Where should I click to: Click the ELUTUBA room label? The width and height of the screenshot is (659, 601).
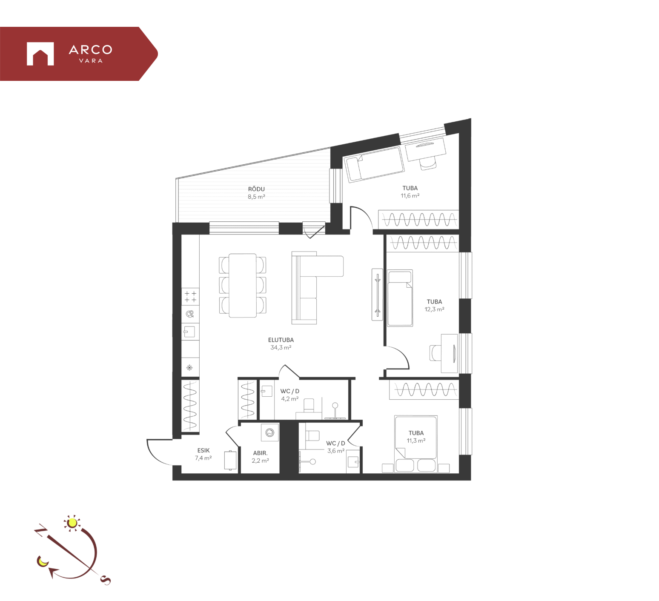[281, 340]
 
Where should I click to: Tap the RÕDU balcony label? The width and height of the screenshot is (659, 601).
[256, 189]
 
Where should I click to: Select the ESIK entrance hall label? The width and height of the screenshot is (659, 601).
[203, 450]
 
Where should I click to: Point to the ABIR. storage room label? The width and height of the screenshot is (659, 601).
[260, 453]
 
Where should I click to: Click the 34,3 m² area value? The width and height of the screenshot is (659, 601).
[281, 347]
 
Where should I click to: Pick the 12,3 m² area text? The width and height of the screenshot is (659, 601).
[434, 309]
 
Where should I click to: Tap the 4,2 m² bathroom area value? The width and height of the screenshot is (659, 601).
[289, 399]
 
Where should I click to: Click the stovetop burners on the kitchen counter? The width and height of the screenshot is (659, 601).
[190, 297]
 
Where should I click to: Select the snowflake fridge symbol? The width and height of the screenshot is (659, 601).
[189, 367]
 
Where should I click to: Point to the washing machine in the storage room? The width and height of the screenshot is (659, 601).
[270, 433]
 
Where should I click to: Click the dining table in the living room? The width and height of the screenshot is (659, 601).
[243, 286]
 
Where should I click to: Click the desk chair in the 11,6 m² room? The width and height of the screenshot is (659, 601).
[428, 162]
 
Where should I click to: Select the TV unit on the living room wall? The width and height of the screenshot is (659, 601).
[377, 294]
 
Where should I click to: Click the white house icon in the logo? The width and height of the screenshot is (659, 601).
[40, 54]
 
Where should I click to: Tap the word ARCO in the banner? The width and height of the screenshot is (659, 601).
[91, 50]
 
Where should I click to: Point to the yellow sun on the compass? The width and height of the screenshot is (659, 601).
[72, 522]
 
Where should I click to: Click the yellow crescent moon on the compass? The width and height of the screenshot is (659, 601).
[42, 561]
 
